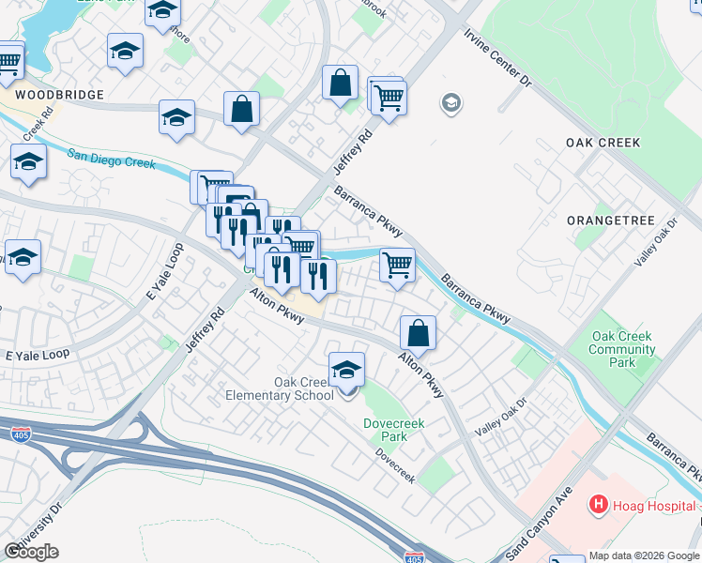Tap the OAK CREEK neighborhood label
point(603,143)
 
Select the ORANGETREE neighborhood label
point(609,220)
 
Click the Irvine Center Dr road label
point(496,58)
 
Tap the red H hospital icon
point(597,505)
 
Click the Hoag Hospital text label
point(651,506)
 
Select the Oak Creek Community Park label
point(622,349)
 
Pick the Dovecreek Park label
point(393,430)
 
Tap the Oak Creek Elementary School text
point(279,388)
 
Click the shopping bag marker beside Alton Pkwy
point(418,333)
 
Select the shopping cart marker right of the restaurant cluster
point(397,265)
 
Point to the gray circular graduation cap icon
point(451,102)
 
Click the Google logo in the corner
point(31,552)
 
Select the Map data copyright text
point(644,555)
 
